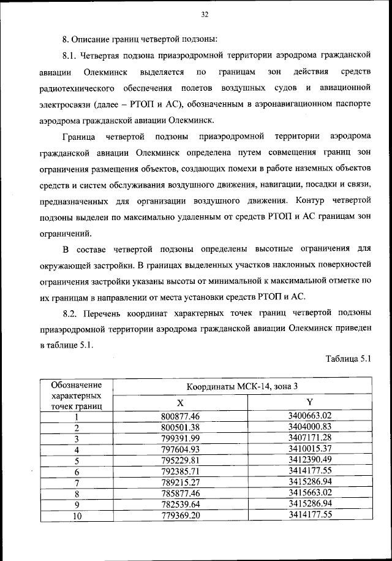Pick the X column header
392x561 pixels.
pos(180,403)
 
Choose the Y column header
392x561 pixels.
pos(309,403)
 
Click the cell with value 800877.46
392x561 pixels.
pos(181,416)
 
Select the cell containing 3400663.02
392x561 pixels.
pos(309,416)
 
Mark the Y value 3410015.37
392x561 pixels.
pos(309,449)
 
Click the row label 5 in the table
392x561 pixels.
pos(77,460)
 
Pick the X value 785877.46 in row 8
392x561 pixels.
pos(181,493)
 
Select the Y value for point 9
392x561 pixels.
pos(309,504)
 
